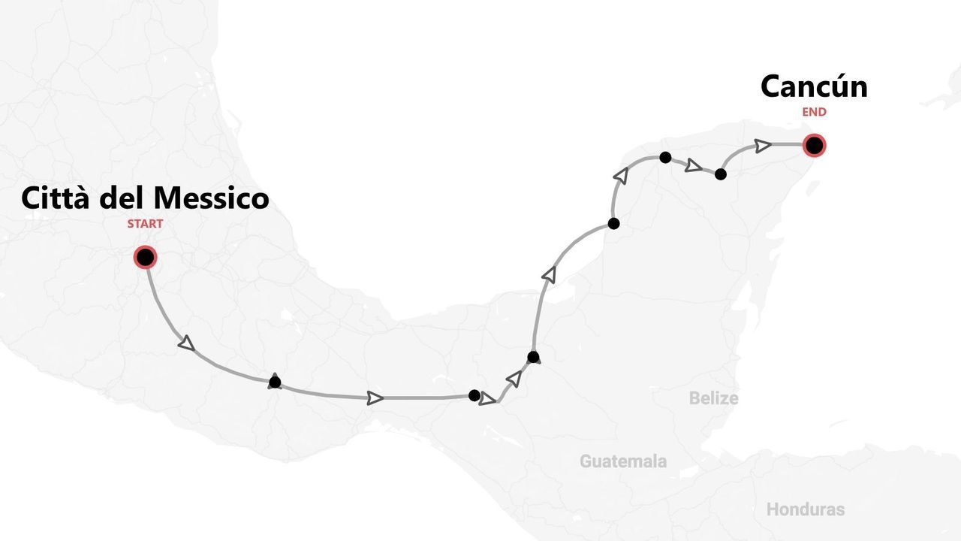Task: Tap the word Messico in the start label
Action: (211, 198)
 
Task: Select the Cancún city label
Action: (814, 86)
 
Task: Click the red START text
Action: (145, 224)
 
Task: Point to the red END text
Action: (814, 112)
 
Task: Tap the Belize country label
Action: (713, 398)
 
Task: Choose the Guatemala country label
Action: (622, 461)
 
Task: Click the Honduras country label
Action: (805, 509)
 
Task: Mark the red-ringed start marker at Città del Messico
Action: (145, 258)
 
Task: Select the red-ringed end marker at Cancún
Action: (814, 145)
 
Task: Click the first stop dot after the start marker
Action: (275, 382)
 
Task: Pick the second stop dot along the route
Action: (474, 395)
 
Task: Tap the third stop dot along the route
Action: (533, 357)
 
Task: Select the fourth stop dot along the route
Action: (613, 223)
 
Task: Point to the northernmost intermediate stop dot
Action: (665, 157)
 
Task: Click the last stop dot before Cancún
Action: (721, 174)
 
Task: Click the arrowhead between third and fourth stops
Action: (550, 275)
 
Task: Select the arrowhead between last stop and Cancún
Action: (763, 145)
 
